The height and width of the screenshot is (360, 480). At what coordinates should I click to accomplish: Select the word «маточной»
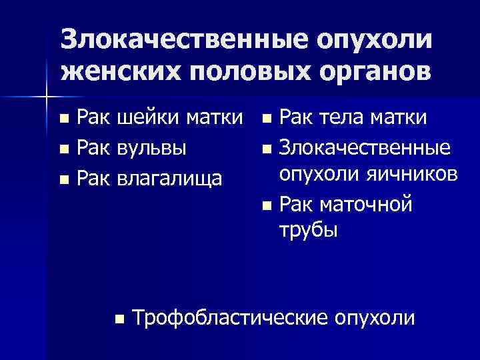(367, 204)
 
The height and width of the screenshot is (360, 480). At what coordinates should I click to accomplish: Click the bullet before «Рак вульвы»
(63, 150)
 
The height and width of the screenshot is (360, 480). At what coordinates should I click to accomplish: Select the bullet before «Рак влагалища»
(63, 179)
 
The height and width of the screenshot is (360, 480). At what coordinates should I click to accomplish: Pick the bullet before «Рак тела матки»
(267, 121)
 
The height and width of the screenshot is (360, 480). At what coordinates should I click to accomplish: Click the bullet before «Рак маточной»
(267, 205)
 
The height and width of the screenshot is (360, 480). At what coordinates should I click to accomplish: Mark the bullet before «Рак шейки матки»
(63, 121)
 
